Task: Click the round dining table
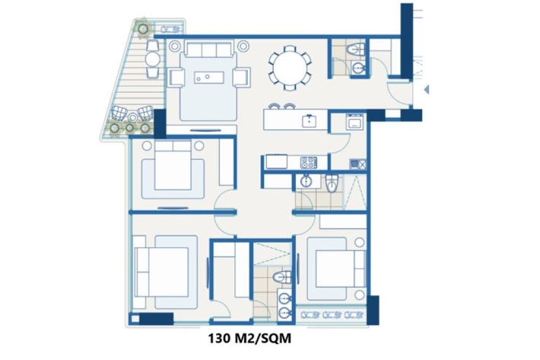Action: pos(290,68)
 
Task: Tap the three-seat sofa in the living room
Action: pos(209,49)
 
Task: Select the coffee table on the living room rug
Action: pos(209,77)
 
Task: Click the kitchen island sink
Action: pos(310,120)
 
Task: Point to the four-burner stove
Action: pos(309,162)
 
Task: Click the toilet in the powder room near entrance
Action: pos(356,49)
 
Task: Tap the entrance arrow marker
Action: pos(427,90)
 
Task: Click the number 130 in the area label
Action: pos(219,338)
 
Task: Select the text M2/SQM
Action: pos(262,338)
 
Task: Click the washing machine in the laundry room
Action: pos(355,122)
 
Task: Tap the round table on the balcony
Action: pos(153,59)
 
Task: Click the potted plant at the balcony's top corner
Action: pos(143,29)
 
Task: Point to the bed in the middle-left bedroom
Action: pos(173,165)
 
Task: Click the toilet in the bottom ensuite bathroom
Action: pos(282,277)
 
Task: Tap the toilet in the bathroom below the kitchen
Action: pos(332,183)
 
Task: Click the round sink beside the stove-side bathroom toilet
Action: pos(306,180)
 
